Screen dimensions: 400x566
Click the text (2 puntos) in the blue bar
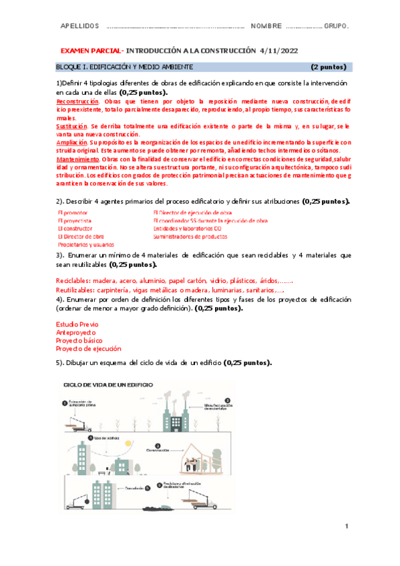point(328,67)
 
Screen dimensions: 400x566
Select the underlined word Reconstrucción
point(77,100)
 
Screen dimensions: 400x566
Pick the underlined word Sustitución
point(71,125)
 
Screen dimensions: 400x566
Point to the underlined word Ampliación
point(71,142)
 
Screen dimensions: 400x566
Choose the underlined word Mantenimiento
point(75,160)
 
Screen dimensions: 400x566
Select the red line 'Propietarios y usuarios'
point(86,245)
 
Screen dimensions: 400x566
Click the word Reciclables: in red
point(75,281)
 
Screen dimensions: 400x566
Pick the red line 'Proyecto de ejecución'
point(89,348)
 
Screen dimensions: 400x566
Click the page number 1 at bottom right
point(347,527)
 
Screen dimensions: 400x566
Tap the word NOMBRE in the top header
point(266,26)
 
